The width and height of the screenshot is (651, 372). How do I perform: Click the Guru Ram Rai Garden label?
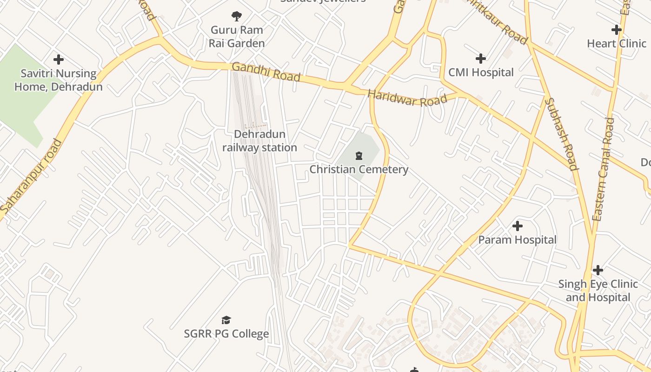[x=237, y=37]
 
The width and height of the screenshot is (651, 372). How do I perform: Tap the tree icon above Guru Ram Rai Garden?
[x=237, y=16]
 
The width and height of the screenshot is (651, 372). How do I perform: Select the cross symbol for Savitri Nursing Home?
[x=59, y=60]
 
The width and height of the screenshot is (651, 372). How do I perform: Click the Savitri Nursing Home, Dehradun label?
[x=59, y=80]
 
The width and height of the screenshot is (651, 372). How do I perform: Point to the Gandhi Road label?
[x=266, y=72]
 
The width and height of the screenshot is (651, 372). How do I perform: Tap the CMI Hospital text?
[x=481, y=73]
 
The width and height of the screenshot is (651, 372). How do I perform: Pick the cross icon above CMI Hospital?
[x=481, y=59]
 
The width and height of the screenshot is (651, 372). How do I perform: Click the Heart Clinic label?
[x=617, y=44]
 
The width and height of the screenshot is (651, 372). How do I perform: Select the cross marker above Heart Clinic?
[x=617, y=30]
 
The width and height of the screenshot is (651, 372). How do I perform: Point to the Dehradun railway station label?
[x=259, y=141]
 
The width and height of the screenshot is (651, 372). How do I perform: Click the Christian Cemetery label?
[x=359, y=169]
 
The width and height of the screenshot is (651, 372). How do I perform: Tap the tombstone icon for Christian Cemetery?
[x=359, y=155]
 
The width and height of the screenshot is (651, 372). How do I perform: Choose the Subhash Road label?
[x=561, y=134]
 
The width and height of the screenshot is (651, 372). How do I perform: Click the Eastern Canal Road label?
[x=604, y=169]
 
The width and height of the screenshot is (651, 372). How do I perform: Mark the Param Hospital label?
[x=518, y=240]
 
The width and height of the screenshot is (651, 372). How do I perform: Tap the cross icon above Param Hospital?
[x=518, y=226]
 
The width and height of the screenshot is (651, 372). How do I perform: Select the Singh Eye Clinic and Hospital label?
[x=598, y=291]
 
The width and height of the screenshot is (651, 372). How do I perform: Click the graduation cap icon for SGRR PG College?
[x=226, y=320]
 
